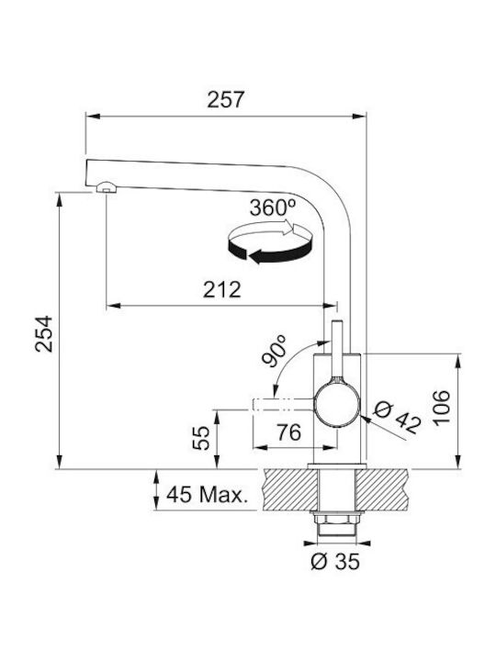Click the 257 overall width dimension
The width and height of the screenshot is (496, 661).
[x=226, y=99]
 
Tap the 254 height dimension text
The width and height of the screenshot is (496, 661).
[x=44, y=333]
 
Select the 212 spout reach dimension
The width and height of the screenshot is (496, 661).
[x=222, y=289]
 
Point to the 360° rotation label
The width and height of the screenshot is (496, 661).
[x=273, y=207]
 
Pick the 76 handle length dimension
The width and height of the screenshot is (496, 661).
[x=289, y=432]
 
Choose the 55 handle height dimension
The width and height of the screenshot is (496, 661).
[x=201, y=438]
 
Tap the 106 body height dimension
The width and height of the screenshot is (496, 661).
[x=442, y=409]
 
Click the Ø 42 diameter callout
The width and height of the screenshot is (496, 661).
[x=397, y=418]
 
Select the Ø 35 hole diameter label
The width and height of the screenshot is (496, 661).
[x=336, y=562]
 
